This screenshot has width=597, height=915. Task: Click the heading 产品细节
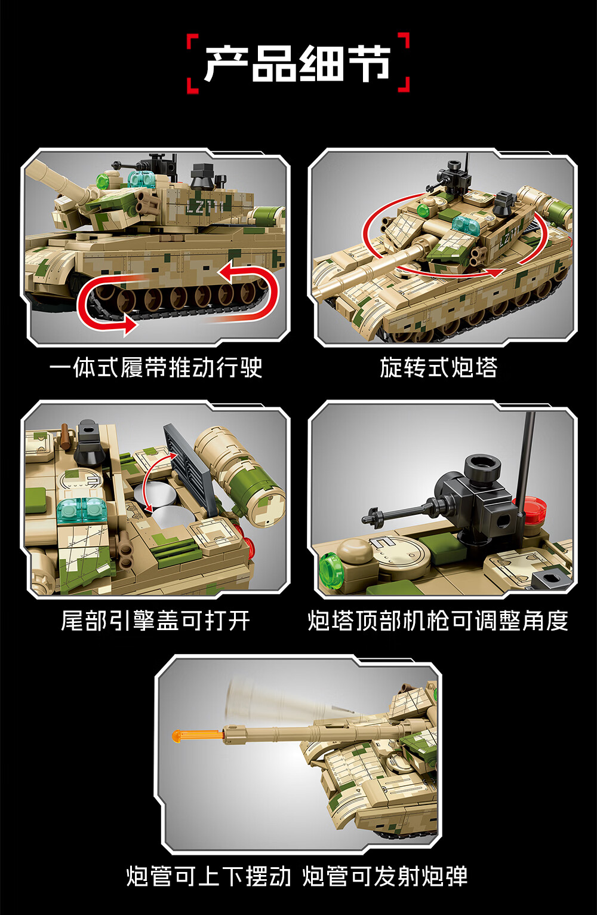point(298,63)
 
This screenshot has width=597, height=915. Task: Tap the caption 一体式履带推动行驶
point(156,367)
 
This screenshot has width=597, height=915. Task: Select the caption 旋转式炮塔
point(439,367)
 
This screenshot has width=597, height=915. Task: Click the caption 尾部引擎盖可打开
point(156,621)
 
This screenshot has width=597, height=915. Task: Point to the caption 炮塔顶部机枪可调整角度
point(438,621)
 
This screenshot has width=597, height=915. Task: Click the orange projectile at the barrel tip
point(198,736)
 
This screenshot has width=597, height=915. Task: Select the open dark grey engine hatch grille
point(190,468)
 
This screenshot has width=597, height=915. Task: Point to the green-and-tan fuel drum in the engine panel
point(240,476)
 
